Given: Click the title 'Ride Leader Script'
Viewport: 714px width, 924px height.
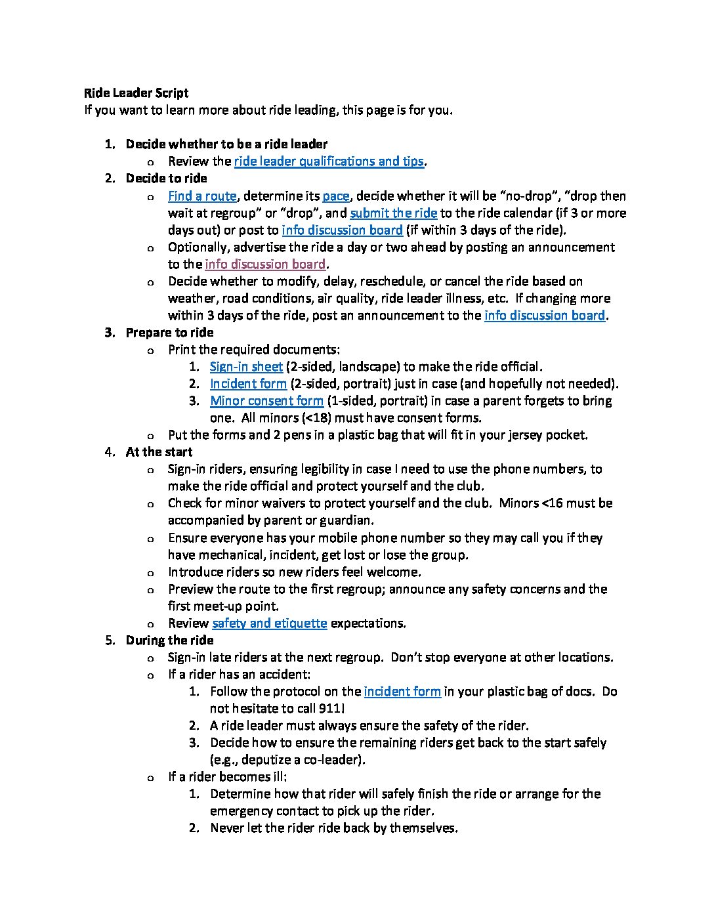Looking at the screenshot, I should [x=136, y=93].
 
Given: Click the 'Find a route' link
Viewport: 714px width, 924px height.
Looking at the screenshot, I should [x=202, y=196].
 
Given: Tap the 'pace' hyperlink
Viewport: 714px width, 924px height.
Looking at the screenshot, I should [x=335, y=196].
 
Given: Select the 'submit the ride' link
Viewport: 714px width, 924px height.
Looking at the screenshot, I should [x=393, y=213].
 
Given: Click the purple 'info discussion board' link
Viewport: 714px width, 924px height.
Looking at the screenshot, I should [x=265, y=264].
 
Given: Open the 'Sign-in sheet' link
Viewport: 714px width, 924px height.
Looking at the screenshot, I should [x=246, y=367].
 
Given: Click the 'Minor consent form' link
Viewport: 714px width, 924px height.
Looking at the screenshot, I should [x=266, y=401].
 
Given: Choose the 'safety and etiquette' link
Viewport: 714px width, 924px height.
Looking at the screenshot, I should [x=269, y=623].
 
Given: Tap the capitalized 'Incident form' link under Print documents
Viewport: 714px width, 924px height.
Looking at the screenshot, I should [x=248, y=384].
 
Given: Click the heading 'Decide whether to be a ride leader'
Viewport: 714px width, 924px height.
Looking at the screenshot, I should [x=226, y=144].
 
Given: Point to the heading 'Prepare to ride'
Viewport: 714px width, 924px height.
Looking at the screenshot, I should [x=169, y=333].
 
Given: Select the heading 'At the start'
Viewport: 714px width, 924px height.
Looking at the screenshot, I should [x=159, y=452].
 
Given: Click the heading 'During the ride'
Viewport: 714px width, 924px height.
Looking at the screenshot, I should [x=169, y=640].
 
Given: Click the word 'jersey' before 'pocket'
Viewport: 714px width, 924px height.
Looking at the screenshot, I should [x=529, y=435].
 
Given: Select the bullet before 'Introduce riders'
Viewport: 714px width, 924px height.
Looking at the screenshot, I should [x=152, y=572].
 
